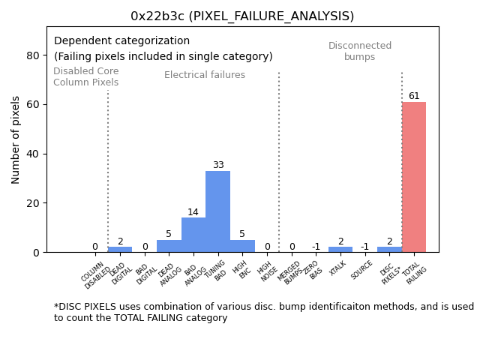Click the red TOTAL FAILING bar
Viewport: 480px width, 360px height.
coord(414,177)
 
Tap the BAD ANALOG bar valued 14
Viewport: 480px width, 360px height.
coord(193,235)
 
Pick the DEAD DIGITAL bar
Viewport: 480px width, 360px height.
coord(120,249)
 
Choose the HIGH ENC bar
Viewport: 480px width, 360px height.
coord(242,246)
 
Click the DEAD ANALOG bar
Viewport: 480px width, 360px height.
coord(169,246)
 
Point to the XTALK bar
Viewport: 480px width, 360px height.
coord(340,249)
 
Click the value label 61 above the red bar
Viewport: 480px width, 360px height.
coord(414,96)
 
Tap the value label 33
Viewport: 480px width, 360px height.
coord(217,165)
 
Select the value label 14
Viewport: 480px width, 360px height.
coord(193,212)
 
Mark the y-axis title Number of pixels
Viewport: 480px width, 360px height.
coord(16,139)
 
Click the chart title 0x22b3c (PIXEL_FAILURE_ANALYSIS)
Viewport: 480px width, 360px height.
coord(242,16)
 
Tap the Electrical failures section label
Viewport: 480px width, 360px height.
coord(205,75)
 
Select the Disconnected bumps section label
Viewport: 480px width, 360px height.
coord(360,51)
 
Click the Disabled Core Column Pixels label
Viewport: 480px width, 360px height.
coord(85,77)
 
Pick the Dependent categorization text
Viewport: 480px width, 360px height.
coord(121,41)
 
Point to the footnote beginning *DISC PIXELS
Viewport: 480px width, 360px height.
coord(263,312)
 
